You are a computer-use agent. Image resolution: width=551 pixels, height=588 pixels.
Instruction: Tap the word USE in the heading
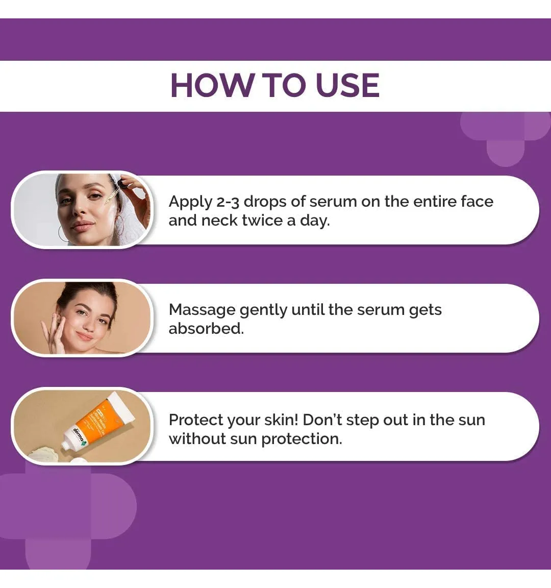pos(347,85)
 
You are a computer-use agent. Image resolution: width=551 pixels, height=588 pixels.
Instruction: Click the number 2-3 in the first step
pos(228,202)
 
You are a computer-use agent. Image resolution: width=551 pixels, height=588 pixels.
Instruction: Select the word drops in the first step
pos(265,202)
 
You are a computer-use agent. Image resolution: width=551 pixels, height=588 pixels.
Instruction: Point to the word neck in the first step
pos(219,220)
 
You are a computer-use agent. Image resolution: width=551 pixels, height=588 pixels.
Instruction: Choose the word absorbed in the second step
pos(206,329)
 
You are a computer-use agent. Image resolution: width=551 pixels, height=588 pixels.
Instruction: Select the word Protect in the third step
pos(196,420)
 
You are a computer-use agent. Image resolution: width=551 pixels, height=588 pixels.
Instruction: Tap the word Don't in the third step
pos(322,420)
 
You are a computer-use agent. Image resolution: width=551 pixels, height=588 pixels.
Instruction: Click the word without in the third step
pos(196,439)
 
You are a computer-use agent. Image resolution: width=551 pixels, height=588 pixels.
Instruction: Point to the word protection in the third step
pos(302,439)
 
